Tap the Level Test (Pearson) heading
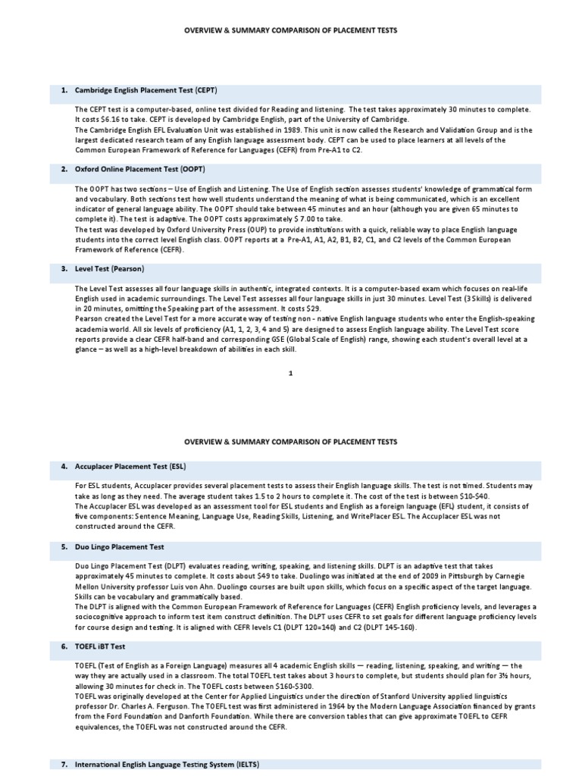click(109, 268)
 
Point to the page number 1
click(290, 373)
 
